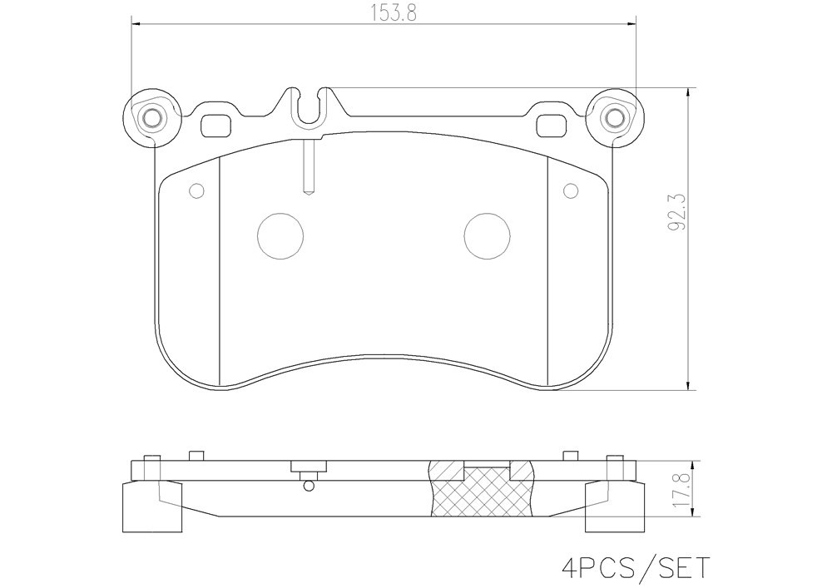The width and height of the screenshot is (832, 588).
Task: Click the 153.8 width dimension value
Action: click(x=394, y=12)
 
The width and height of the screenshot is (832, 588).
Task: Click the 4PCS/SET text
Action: click(x=636, y=568)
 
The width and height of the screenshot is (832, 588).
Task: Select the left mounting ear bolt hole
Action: click(x=153, y=117)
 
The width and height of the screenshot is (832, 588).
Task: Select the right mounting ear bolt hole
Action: click(x=615, y=117)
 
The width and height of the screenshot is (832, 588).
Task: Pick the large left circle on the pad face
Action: click(x=280, y=236)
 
